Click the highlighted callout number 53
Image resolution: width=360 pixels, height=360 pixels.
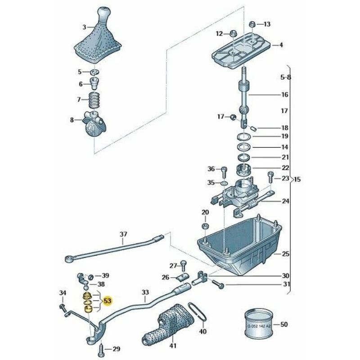pyautogui.click(x=108, y=301)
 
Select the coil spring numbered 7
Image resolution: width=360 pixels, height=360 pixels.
pyautogui.click(x=94, y=100)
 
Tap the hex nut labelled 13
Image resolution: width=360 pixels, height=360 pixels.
pyautogui.click(x=252, y=24)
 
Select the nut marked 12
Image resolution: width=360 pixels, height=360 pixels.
pyautogui.click(x=234, y=33)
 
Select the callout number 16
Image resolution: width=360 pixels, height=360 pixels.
pyautogui.click(x=284, y=95)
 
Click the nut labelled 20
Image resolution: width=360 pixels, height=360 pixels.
pyautogui.click(x=205, y=225)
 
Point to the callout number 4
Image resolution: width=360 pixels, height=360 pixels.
pyautogui.click(x=281, y=45)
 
